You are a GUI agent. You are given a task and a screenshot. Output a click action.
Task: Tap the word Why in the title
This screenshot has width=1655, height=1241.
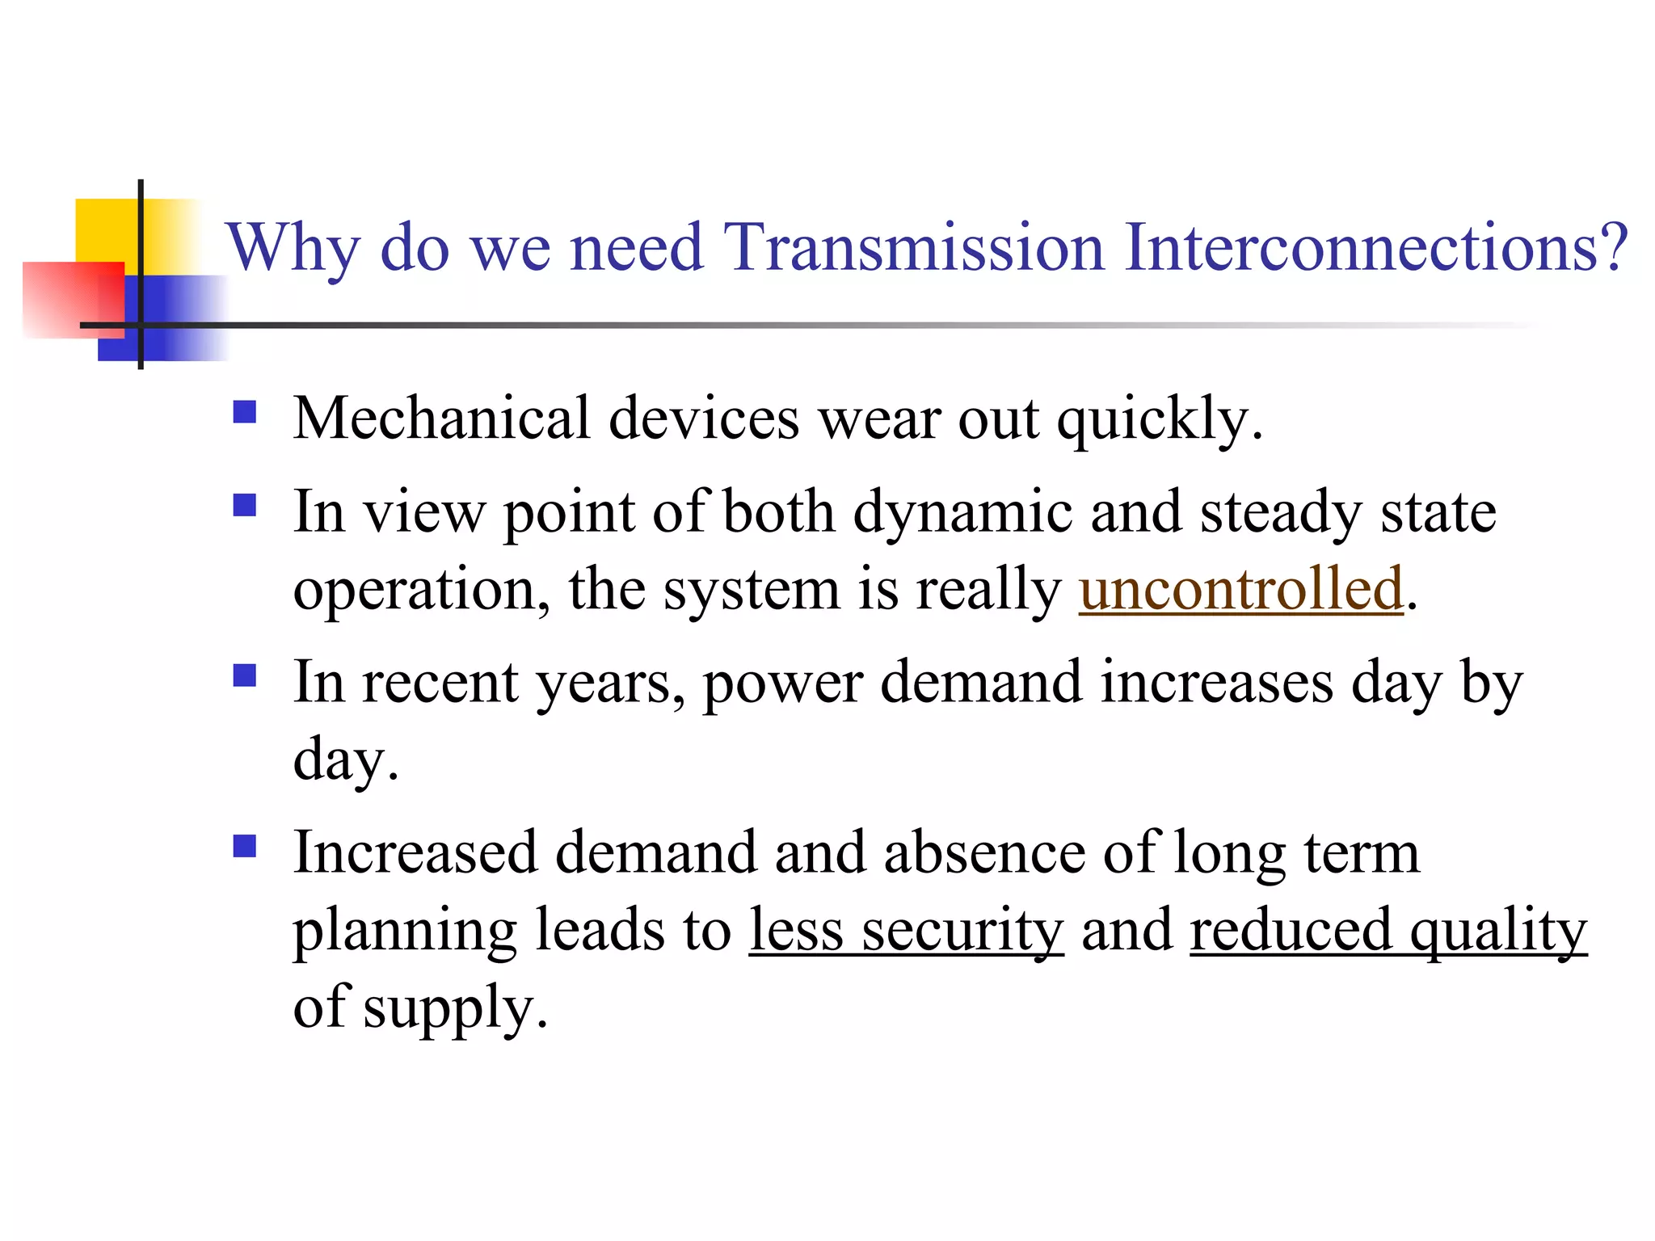tap(292, 249)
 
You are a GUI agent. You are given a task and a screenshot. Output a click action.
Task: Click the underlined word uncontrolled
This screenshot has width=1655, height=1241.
tap(1240, 589)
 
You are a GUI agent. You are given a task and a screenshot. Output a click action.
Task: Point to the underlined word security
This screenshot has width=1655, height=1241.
tap(962, 931)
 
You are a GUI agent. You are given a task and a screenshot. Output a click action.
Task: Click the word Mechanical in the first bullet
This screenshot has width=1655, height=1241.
tap(441, 419)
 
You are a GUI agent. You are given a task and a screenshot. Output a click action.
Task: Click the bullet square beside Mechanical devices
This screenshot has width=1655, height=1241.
tap(244, 413)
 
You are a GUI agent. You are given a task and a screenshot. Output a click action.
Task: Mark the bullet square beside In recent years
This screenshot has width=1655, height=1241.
tap(244, 675)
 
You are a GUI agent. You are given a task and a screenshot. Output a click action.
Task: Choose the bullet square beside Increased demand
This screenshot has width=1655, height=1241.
tap(244, 846)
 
